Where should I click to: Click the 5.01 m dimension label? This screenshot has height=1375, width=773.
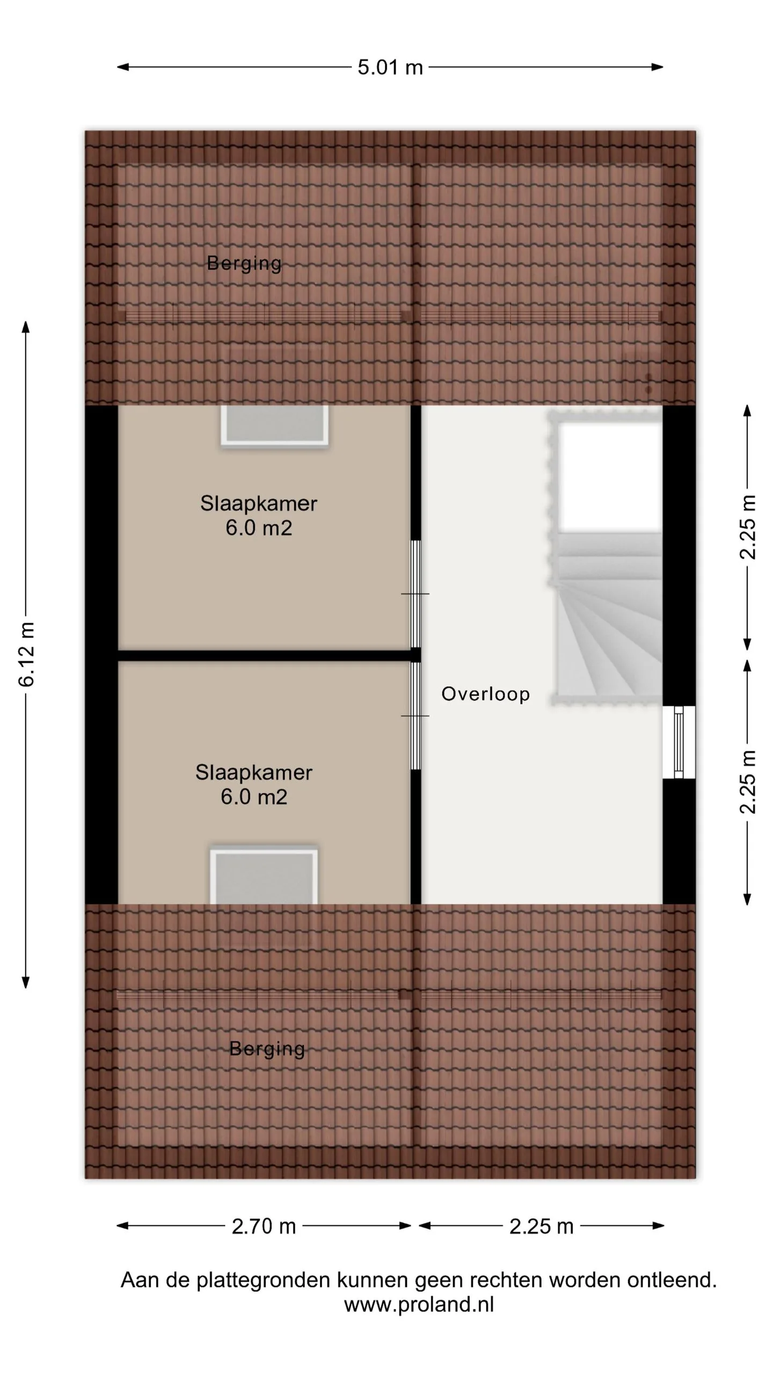click(x=390, y=68)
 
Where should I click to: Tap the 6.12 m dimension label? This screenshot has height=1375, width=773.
click(x=26, y=654)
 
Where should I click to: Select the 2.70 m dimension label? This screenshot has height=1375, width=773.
click(x=264, y=1226)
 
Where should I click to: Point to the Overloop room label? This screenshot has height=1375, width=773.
click(x=485, y=694)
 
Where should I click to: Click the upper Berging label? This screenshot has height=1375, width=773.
click(x=244, y=264)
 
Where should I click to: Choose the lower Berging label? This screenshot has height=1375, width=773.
click(x=267, y=1049)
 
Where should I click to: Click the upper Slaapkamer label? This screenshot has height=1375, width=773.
click(x=259, y=504)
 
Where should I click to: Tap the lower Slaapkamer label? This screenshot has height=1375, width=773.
click(x=254, y=773)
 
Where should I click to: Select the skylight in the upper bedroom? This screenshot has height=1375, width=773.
click(x=274, y=424)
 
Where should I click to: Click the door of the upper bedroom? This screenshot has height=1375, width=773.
click(x=415, y=594)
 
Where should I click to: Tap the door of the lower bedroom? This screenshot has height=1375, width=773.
click(x=415, y=716)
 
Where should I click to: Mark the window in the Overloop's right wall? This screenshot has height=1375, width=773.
click(x=679, y=742)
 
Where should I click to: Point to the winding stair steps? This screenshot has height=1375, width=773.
click(x=610, y=615)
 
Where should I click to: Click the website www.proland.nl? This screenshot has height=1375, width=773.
click(x=419, y=1304)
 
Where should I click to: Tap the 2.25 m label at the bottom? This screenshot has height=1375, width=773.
click(x=542, y=1226)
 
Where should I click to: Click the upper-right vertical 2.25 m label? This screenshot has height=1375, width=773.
click(x=748, y=527)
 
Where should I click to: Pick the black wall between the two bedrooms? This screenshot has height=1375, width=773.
click(x=264, y=655)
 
